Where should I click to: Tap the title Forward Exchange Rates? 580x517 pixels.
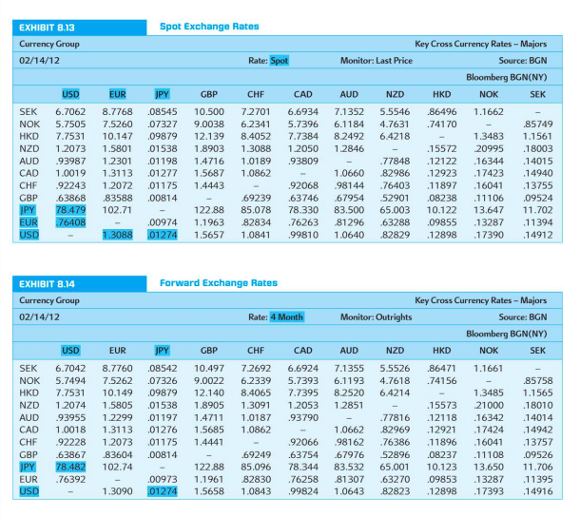tap(218, 283)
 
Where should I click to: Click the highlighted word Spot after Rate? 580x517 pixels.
tap(280, 61)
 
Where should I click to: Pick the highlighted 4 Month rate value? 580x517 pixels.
tap(287, 316)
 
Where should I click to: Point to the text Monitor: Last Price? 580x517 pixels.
tap(376, 61)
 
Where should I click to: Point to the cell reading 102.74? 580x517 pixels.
tap(117, 466)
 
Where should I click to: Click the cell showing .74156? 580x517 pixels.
tap(441, 379)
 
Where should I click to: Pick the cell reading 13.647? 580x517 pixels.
tap(489, 209)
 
